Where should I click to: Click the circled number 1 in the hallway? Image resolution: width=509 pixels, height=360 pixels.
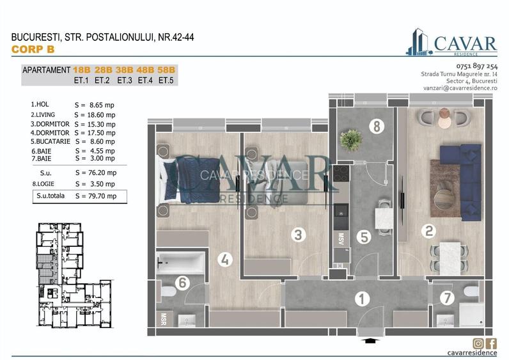tap(363, 299)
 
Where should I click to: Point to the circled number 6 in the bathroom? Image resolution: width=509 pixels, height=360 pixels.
tap(183, 281)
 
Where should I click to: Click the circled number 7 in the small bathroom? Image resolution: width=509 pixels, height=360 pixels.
tap(448, 297)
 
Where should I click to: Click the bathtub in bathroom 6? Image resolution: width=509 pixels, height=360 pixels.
tap(180, 262)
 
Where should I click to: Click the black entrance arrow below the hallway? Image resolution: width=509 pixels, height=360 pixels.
tap(369, 341)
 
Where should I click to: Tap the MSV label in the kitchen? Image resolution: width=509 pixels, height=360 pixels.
tap(340, 239)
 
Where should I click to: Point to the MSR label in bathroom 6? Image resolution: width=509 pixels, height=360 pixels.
tap(164, 318)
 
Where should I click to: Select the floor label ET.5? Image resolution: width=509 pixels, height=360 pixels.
tap(167, 81)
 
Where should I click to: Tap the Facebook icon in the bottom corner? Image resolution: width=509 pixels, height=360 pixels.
tap(491, 343)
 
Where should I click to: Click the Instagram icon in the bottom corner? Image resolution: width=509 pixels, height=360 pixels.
tap(478, 343)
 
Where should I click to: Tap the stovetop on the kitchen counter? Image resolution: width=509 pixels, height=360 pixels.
tap(340, 173)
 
